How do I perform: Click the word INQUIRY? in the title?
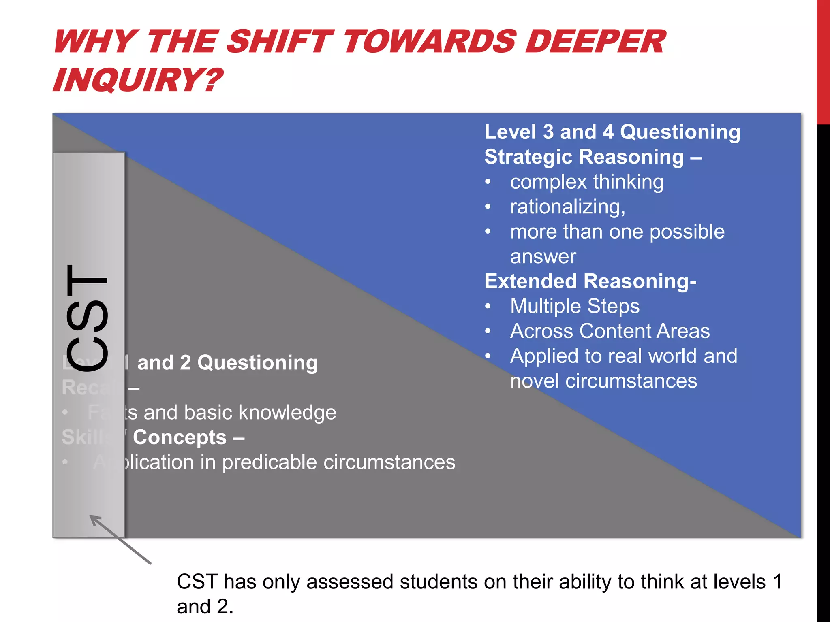[138, 80]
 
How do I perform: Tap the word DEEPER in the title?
[595, 42]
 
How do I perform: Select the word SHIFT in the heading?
[280, 42]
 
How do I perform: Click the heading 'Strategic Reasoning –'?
[593, 157]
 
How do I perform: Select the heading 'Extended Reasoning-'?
[590, 281]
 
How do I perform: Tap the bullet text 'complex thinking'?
[586, 182]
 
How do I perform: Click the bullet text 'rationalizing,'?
[567, 207]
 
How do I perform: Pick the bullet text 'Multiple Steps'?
[574, 306]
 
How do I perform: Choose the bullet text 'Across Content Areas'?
[610, 331]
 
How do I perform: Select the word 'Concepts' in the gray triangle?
[180, 437]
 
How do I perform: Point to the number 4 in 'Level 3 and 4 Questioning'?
[608, 132]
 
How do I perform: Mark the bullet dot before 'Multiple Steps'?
[488, 307]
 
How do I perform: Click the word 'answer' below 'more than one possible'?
[543, 257]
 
